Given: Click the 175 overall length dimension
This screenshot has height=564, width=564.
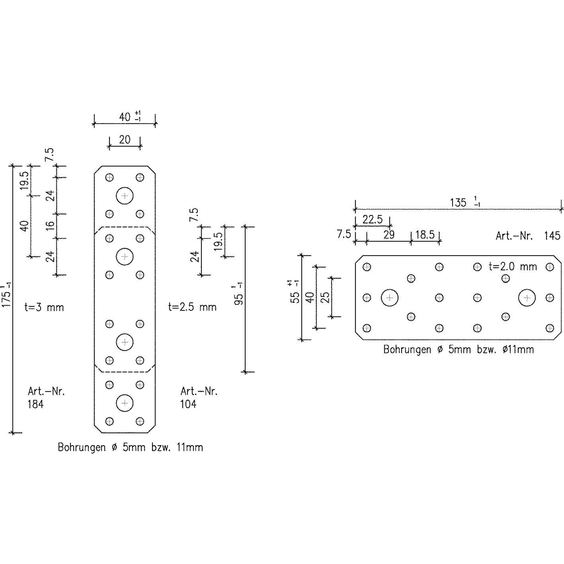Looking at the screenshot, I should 7,297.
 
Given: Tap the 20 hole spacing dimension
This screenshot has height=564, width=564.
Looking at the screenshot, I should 125,140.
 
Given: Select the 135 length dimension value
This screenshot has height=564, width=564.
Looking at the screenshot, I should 458,203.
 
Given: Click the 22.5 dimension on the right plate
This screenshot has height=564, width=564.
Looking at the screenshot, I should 372,219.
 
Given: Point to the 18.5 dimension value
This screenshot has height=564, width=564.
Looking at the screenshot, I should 425,235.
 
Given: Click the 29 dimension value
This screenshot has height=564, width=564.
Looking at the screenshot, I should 389,235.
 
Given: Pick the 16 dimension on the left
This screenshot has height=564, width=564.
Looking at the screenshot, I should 51,226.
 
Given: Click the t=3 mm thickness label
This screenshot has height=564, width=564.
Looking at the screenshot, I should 44,308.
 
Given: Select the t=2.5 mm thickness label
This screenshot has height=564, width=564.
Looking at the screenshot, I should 192,307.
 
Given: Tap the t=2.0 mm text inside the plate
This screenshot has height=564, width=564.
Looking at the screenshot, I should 513,266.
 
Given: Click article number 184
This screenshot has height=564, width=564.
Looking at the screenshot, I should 36,404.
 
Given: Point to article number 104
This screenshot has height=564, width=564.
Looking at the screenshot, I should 188,404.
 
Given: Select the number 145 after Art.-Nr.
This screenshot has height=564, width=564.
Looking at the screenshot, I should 552,236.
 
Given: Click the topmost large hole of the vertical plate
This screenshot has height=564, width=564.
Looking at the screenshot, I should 125,196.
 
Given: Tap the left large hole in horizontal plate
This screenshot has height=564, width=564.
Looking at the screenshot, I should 390,298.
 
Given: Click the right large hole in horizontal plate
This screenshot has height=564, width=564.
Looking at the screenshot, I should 527,298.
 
